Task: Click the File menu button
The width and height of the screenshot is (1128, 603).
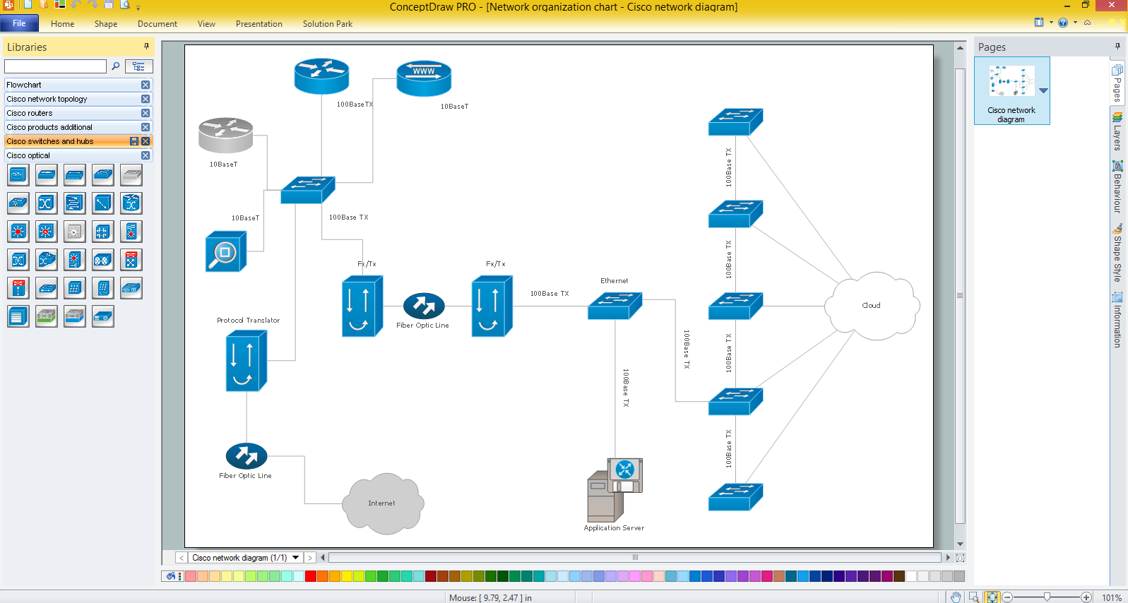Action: pyautogui.click(x=19, y=23)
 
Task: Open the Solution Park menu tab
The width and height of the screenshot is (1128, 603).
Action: pyautogui.click(x=327, y=24)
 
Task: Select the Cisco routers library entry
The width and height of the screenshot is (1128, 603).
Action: pyautogui.click(x=30, y=113)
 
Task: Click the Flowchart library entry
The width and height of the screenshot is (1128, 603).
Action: pyautogui.click(x=24, y=85)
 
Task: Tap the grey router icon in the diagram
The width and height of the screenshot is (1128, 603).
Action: pyautogui.click(x=225, y=135)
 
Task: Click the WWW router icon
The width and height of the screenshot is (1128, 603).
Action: pyautogui.click(x=424, y=78)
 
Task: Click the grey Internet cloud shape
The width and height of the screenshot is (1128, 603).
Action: pyautogui.click(x=382, y=503)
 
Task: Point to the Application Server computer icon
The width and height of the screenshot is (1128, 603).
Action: pyautogui.click(x=614, y=490)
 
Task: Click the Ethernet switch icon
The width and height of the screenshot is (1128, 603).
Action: pyautogui.click(x=615, y=306)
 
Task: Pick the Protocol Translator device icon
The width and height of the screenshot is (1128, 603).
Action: pyautogui.click(x=246, y=362)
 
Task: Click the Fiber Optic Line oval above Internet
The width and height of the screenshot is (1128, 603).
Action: pyautogui.click(x=246, y=456)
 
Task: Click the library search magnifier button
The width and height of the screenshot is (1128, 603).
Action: pyautogui.click(x=116, y=66)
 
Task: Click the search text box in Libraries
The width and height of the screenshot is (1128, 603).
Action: pyautogui.click(x=55, y=66)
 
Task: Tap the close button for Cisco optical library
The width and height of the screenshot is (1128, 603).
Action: pyautogui.click(x=146, y=155)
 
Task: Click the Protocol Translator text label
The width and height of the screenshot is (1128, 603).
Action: pyautogui.click(x=248, y=321)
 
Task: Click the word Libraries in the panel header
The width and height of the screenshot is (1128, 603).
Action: pyautogui.click(x=27, y=47)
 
